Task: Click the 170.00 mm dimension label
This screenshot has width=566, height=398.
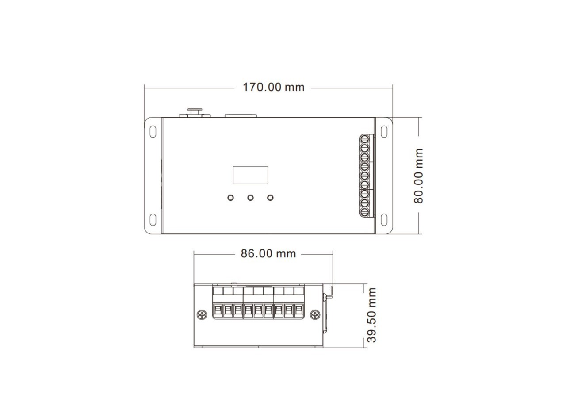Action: pyautogui.click(x=273, y=87)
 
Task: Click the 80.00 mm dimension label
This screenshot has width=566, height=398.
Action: pyautogui.click(x=418, y=176)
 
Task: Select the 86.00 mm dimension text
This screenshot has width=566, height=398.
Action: pyautogui.click(x=268, y=254)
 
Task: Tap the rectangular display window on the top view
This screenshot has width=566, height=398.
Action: pyautogui.click(x=250, y=175)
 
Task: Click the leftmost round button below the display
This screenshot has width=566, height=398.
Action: pyautogui.click(x=230, y=197)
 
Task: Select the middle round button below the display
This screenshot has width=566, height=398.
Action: pyautogui.click(x=250, y=197)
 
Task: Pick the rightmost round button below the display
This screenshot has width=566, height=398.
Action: pyautogui.click(x=270, y=197)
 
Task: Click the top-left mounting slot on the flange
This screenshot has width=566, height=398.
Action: pyautogui.click(x=153, y=132)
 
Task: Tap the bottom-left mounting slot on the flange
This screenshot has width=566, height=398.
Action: pyautogui.click(x=153, y=219)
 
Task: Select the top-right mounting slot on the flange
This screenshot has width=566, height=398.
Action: pyautogui.click(x=384, y=132)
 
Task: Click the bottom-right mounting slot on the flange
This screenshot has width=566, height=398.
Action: pyautogui.click(x=384, y=219)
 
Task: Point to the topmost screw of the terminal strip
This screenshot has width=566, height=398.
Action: pyautogui.click(x=365, y=139)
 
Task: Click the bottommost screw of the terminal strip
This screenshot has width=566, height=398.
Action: pyautogui.click(x=365, y=212)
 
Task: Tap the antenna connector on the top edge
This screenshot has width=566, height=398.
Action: pyautogui.click(x=195, y=111)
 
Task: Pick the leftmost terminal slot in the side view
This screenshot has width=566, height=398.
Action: pyautogui.click(x=218, y=311)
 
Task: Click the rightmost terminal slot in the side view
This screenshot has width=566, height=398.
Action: pyautogui.click(x=299, y=311)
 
